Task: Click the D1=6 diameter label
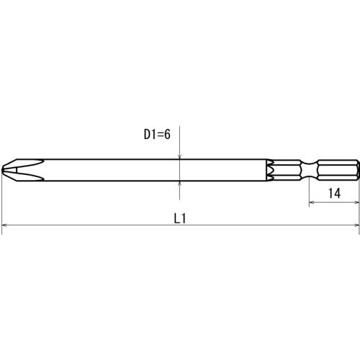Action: (x=157, y=134)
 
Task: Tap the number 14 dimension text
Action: (x=334, y=193)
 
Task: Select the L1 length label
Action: (x=180, y=218)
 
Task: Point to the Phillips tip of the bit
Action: (x=23, y=170)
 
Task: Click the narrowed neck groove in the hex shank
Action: (x=309, y=170)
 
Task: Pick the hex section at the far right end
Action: (x=338, y=170)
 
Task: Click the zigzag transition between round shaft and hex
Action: (x=270, y=170)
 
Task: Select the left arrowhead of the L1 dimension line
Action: (x=4, y=225)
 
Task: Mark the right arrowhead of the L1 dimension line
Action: (x=356, y=225)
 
